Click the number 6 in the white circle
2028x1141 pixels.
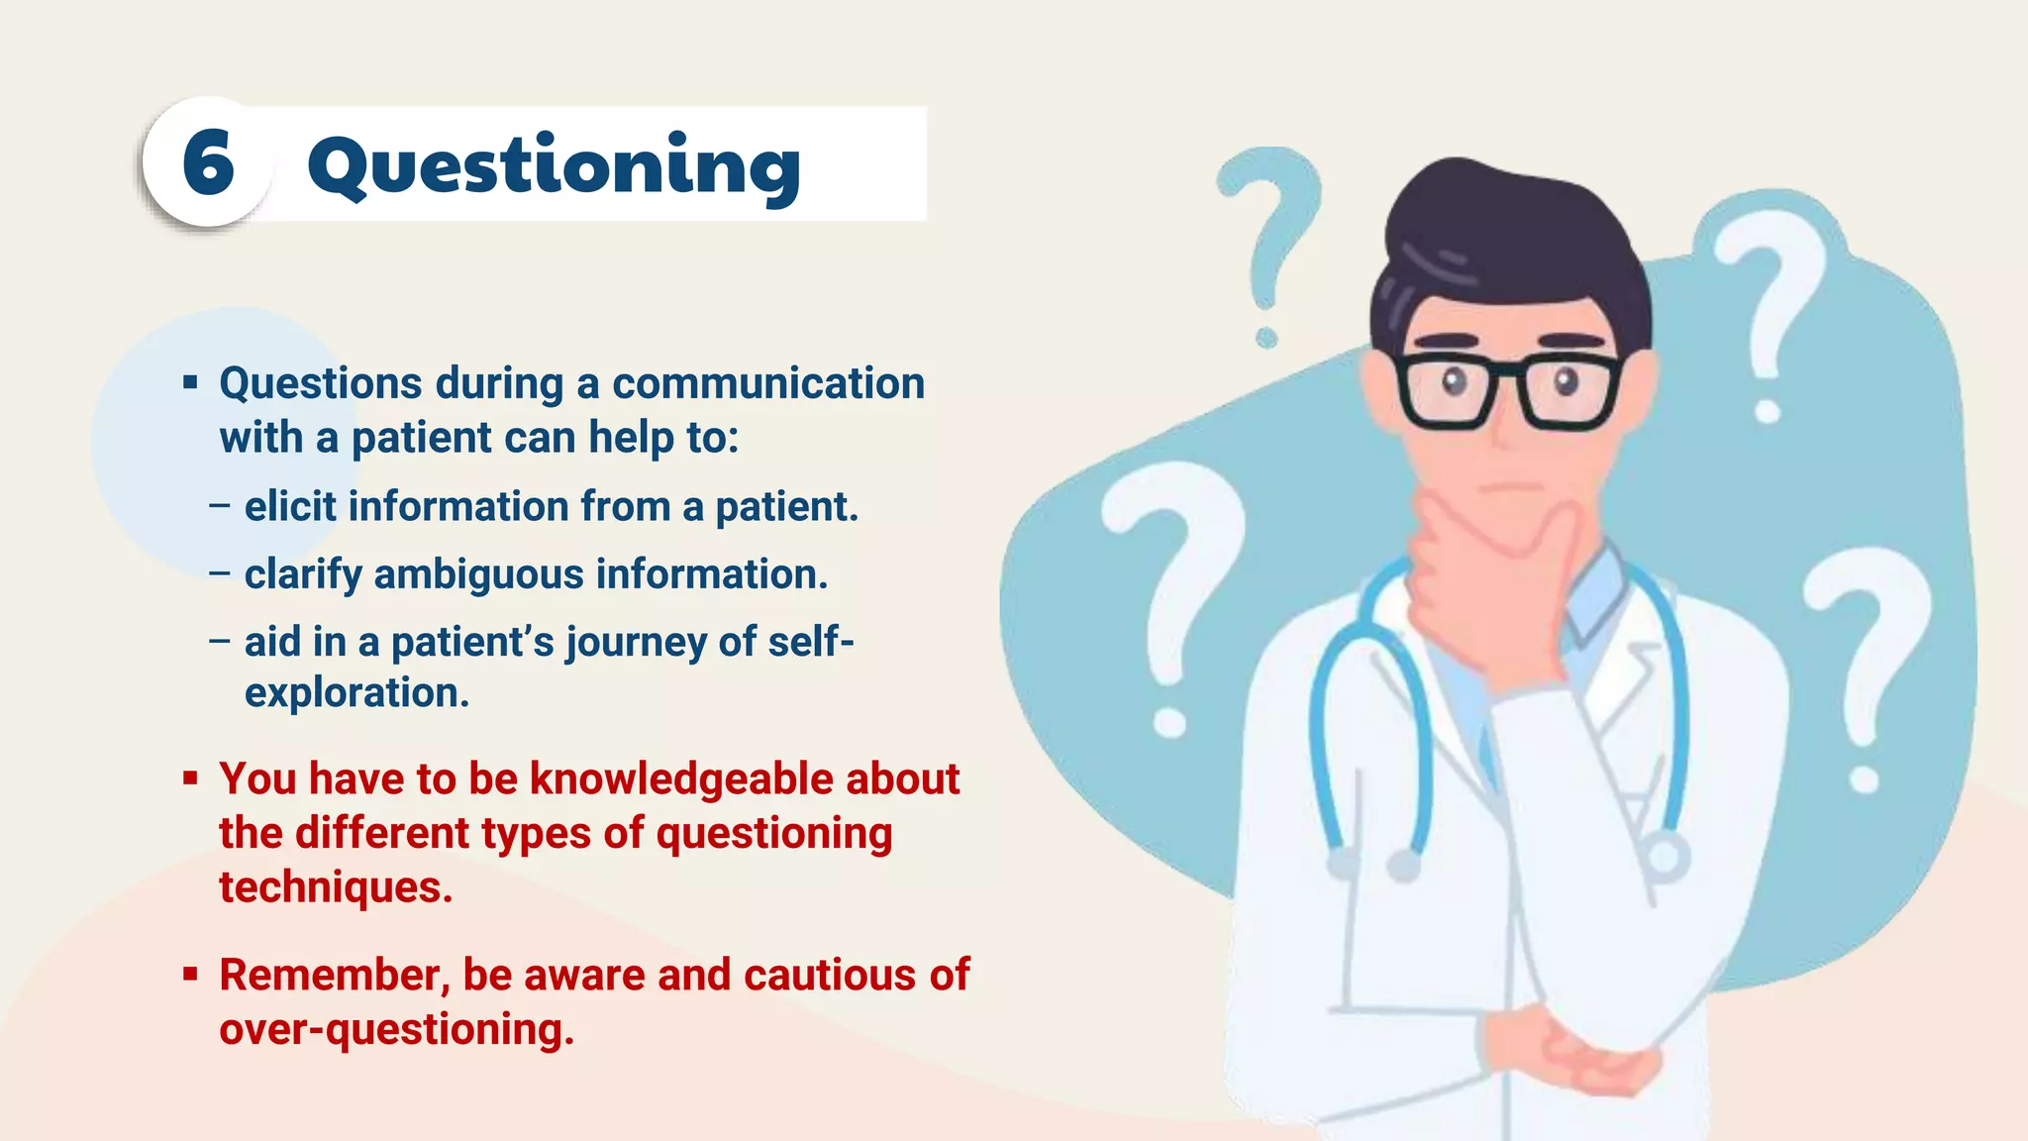pos(208,163)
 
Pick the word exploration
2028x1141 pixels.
pos(356,692)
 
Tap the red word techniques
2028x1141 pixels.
pos(336,887)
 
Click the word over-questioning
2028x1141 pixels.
pos(396,1029)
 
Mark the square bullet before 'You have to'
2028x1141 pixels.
pos(190,778)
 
